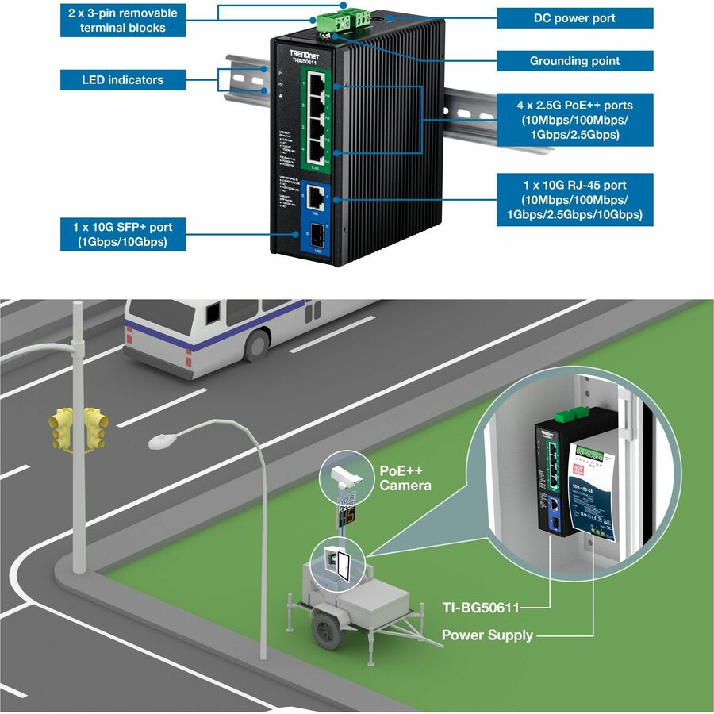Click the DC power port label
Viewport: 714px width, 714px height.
point(574,18)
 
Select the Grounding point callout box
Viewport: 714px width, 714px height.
point(574,61)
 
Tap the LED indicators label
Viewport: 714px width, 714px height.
point(122,79)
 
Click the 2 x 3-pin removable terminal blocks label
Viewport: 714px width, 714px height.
point(123,21)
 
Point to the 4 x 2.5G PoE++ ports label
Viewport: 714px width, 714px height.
point(574,120)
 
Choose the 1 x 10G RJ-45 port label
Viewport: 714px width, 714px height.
point(574,199)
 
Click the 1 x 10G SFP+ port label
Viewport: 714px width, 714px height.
point(123,235)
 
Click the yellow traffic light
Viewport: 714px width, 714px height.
point(79,428)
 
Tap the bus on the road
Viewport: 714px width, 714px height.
point(238,329)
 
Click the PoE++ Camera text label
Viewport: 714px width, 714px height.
point(405,478)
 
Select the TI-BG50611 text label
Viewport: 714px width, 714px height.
point(481,608)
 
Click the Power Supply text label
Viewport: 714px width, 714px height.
point(487,635)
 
